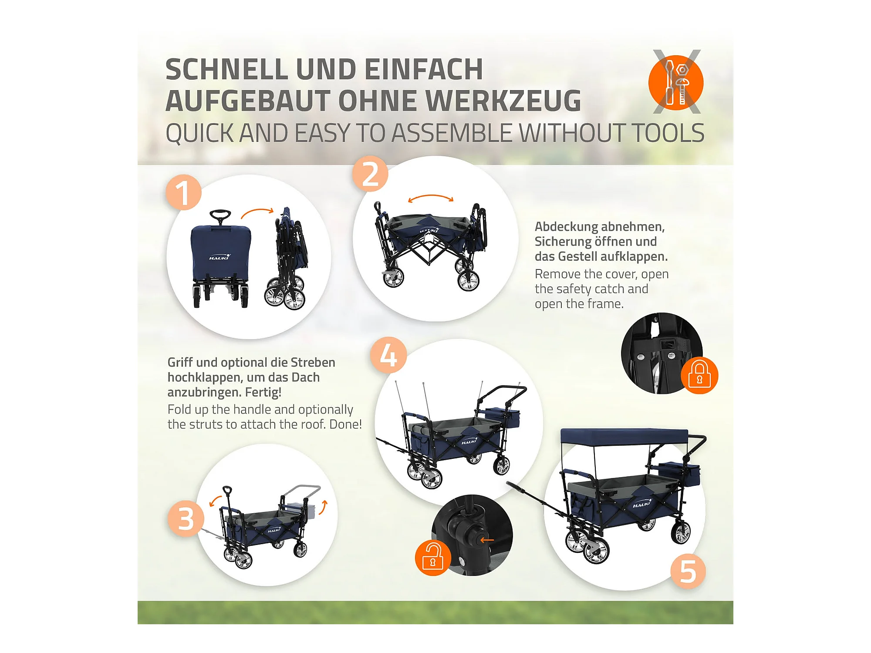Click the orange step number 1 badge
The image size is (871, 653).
(x=183, y=192)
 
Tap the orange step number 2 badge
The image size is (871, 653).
(x=370, y=174)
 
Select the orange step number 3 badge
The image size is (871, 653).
(x=186, y=518)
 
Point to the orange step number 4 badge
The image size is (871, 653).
(x=388, y=355)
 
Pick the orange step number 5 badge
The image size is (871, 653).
(x=688, y=571)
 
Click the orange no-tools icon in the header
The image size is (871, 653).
(x=676, y=82)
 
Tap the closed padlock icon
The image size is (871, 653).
(x=699, y=375)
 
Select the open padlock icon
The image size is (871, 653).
(x=433, y=558)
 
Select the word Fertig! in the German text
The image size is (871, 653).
(x=263, y=392)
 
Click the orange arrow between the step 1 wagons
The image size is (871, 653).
(x=257, y=212)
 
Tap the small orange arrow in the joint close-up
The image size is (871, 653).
(x=487, y=540)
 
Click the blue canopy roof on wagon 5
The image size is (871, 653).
(x=624, y=437)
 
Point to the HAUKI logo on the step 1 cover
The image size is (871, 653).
(x=219, y=257)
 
